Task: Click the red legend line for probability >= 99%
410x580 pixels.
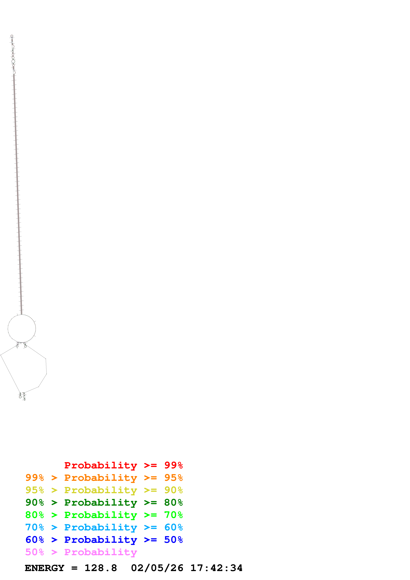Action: click(x=123, y=465)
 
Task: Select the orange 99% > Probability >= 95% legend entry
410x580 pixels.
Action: click(x=104, y=478)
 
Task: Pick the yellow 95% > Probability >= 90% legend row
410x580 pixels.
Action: click(x=104, y=490)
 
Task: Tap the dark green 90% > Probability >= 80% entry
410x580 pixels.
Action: click(x=104, y=502)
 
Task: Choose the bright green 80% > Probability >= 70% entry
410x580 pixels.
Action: click(x=104, y=515)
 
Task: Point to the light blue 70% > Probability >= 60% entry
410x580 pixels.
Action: click(x=104, y=527)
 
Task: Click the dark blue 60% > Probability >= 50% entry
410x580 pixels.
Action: click(x=104, y=540)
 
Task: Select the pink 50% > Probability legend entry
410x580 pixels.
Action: click(x=81, y=552)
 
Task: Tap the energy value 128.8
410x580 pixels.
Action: click(x=101, y=568)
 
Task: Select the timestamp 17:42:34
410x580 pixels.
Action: click(x=216, y=568)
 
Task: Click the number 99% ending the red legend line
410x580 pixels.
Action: click(x=173, y=465)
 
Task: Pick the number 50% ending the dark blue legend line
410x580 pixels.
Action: click(x=173, y=540)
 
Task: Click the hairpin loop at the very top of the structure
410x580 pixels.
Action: click(x=12, y=36)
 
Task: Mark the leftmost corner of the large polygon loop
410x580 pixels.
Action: click(x=1, y=355)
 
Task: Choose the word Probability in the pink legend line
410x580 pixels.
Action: click(x=101, y=552)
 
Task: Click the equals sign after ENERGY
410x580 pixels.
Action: click(x=74, y=568)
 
